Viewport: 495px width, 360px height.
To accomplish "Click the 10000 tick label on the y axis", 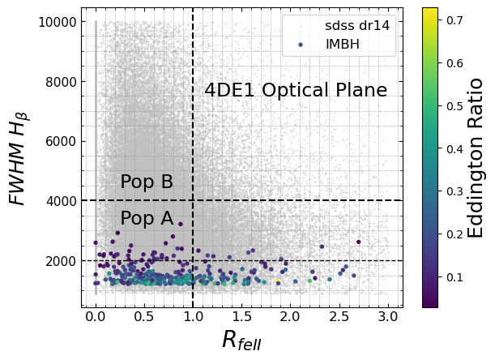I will (x=56, y=22).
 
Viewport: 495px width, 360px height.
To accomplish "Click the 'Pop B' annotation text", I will (x=147, y=182).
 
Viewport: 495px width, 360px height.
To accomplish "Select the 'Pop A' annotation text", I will (x=147, y=218).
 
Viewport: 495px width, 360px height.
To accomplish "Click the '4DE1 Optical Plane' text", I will (x=296, y=91).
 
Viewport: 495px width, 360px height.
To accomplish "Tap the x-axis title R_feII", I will (x=241, y=341).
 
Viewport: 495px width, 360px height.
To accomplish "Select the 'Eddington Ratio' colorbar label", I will (x=476, y=158).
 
